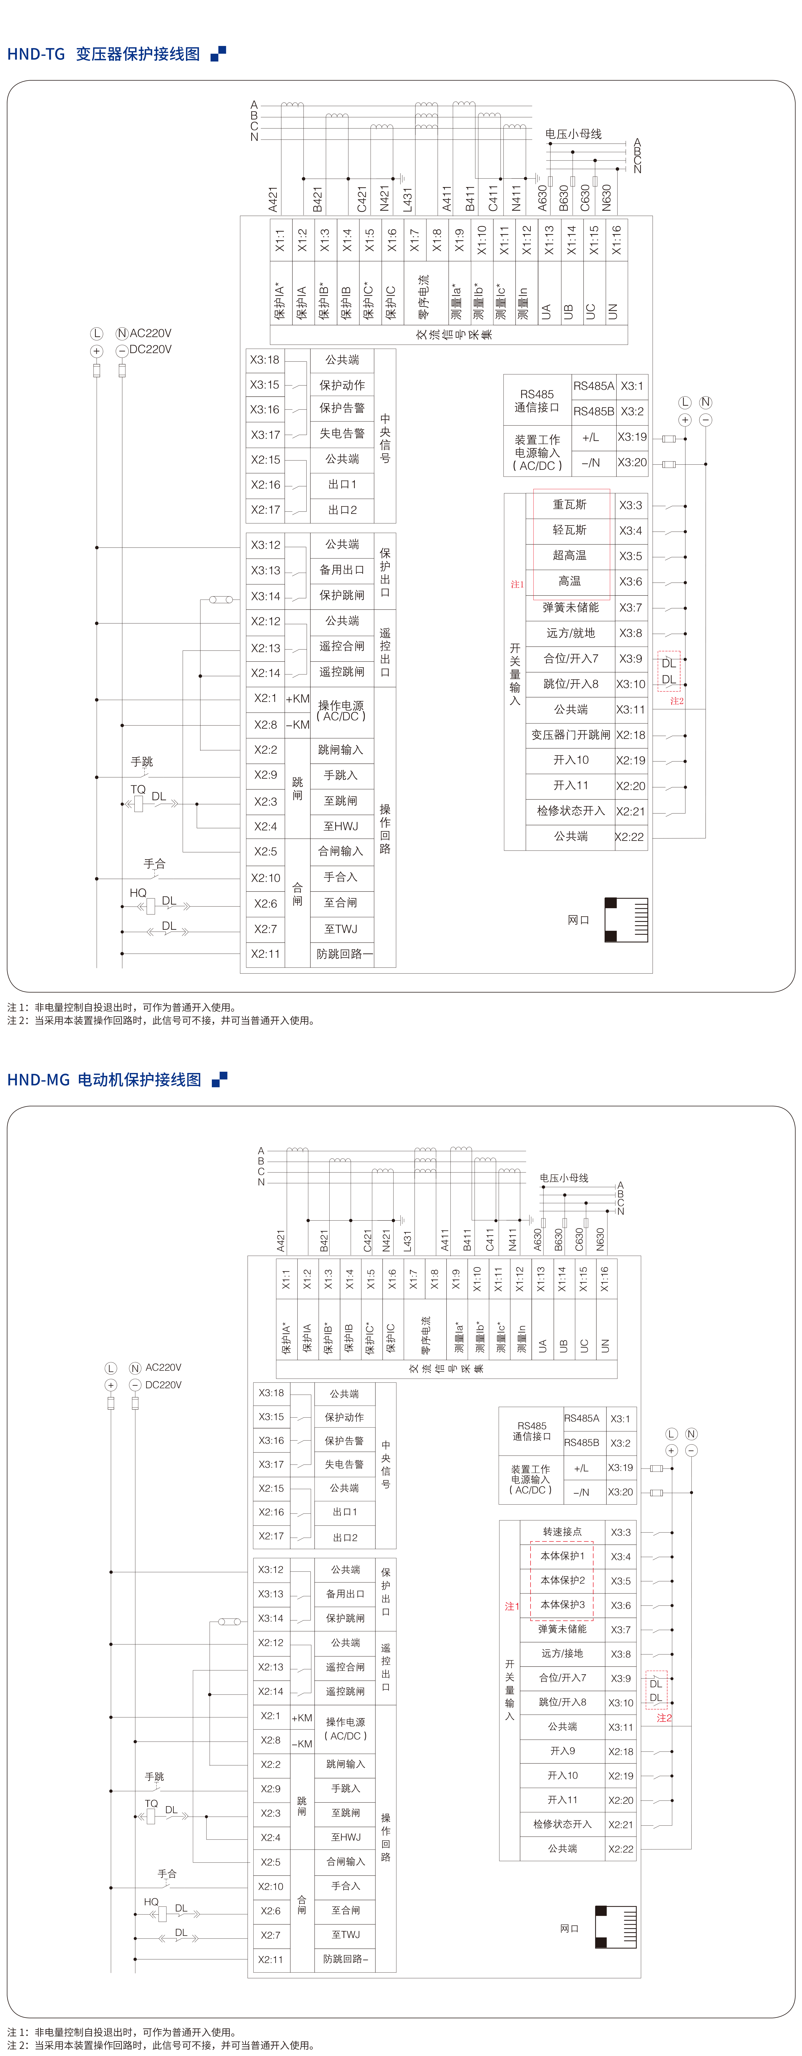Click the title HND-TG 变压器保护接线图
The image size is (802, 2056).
click(x=104, y=54)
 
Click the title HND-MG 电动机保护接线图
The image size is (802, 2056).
click(x=105, y=1080)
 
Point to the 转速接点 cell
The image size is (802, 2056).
click(x=563, y=1532)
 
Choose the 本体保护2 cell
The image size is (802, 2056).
click(x=563, y=1580)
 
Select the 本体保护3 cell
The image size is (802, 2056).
click(x=563, y=1605)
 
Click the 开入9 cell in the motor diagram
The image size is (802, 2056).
click(x=563, y=1751)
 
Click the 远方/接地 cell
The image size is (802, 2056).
click(x=563, y=1654)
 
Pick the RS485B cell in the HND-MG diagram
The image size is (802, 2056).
click(x=582, y=1443)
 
